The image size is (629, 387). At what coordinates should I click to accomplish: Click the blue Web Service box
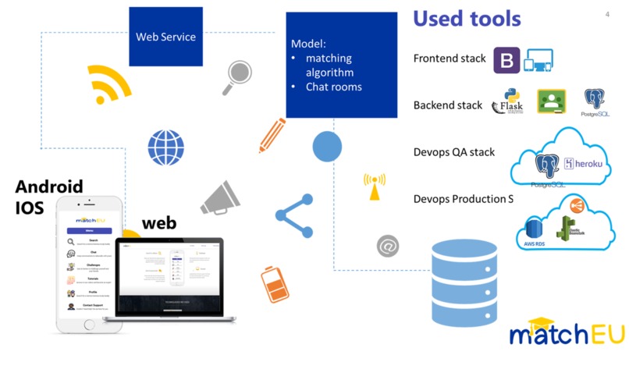[165, 37]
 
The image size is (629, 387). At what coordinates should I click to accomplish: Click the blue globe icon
[166, 147]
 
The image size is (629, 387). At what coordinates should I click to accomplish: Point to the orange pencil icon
[272, 135]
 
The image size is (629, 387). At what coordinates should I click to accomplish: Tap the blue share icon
[293, 215]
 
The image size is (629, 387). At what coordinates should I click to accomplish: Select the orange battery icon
[274, 285]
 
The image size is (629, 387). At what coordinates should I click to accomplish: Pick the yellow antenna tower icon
[374, 186]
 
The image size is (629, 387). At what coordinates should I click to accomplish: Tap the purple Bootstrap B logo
[506, 60]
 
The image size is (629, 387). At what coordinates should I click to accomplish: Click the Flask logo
[508, 104]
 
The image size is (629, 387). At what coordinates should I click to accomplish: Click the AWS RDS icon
[535, 232]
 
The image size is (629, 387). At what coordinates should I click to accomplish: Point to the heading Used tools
[467, 19]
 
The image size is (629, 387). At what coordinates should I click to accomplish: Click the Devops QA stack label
[454, 152]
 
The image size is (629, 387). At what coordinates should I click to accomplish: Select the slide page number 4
[607, 15]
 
